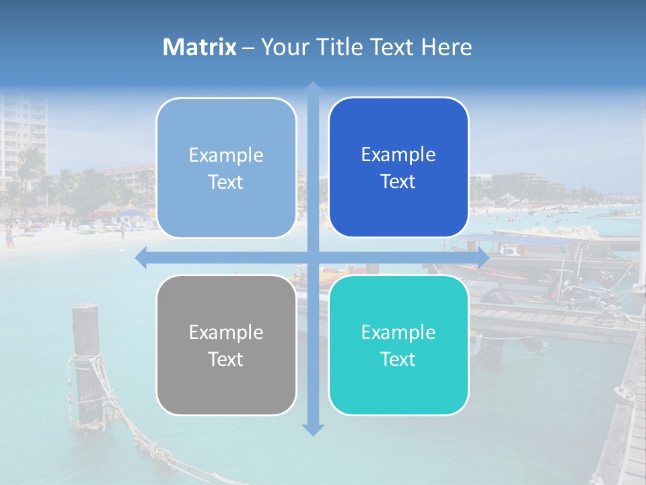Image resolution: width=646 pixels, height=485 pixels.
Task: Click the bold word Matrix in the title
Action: (x=200, y=47)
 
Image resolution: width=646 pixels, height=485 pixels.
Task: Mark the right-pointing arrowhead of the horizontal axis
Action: (x=483, y=257)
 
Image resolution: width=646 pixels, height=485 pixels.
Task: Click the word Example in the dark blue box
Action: (x=398, y=155)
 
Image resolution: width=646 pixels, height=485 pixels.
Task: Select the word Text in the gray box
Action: (x=226, y=359)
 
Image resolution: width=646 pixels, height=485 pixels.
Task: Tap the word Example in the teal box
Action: (x=398, y=332)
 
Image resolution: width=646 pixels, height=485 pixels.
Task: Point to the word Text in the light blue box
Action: (x=226, y=182)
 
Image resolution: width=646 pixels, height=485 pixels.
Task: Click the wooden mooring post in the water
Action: (x=86, y=364)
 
